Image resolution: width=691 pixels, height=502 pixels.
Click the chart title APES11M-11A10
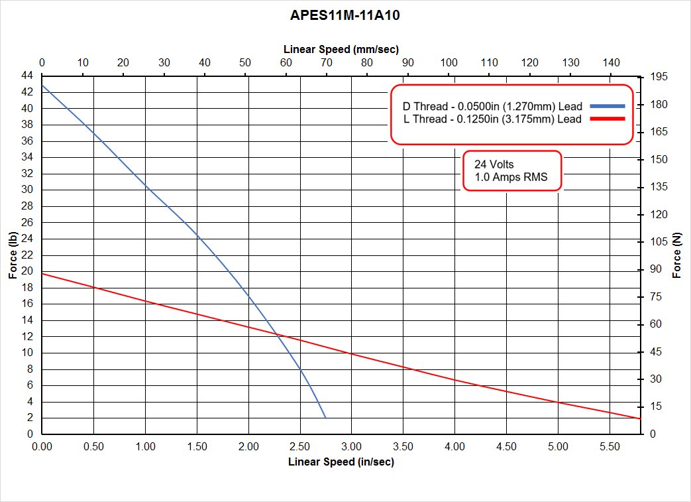(345, 15)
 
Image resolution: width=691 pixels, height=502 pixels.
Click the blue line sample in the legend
(607, 106)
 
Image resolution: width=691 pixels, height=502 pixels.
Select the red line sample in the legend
(607, 119)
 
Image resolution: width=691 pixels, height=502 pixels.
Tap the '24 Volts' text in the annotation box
(494, 164)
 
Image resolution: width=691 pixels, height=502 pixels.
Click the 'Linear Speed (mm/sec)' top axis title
(341, 49)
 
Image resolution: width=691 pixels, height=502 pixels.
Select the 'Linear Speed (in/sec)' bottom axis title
(341, 462)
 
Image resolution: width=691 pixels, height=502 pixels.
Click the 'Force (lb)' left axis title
(13, 255)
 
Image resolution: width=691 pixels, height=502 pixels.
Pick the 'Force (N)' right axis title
(676, 255)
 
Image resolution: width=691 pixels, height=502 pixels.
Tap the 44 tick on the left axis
(28, 76)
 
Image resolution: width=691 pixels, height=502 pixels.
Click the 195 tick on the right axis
(659, 78)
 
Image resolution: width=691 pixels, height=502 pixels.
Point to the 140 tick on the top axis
(611, 62)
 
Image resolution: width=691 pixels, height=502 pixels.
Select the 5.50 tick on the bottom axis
(609, 447)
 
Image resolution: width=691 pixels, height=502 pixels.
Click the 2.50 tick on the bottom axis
(299, 447)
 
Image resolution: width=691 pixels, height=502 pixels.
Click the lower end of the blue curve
(326, 418)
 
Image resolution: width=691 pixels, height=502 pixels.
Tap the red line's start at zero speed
(42, 273)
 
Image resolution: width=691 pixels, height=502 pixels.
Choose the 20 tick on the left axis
(28, 271)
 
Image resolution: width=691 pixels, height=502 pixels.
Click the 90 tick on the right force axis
(655, 269)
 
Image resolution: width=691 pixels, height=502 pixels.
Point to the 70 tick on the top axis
(326, 62)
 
